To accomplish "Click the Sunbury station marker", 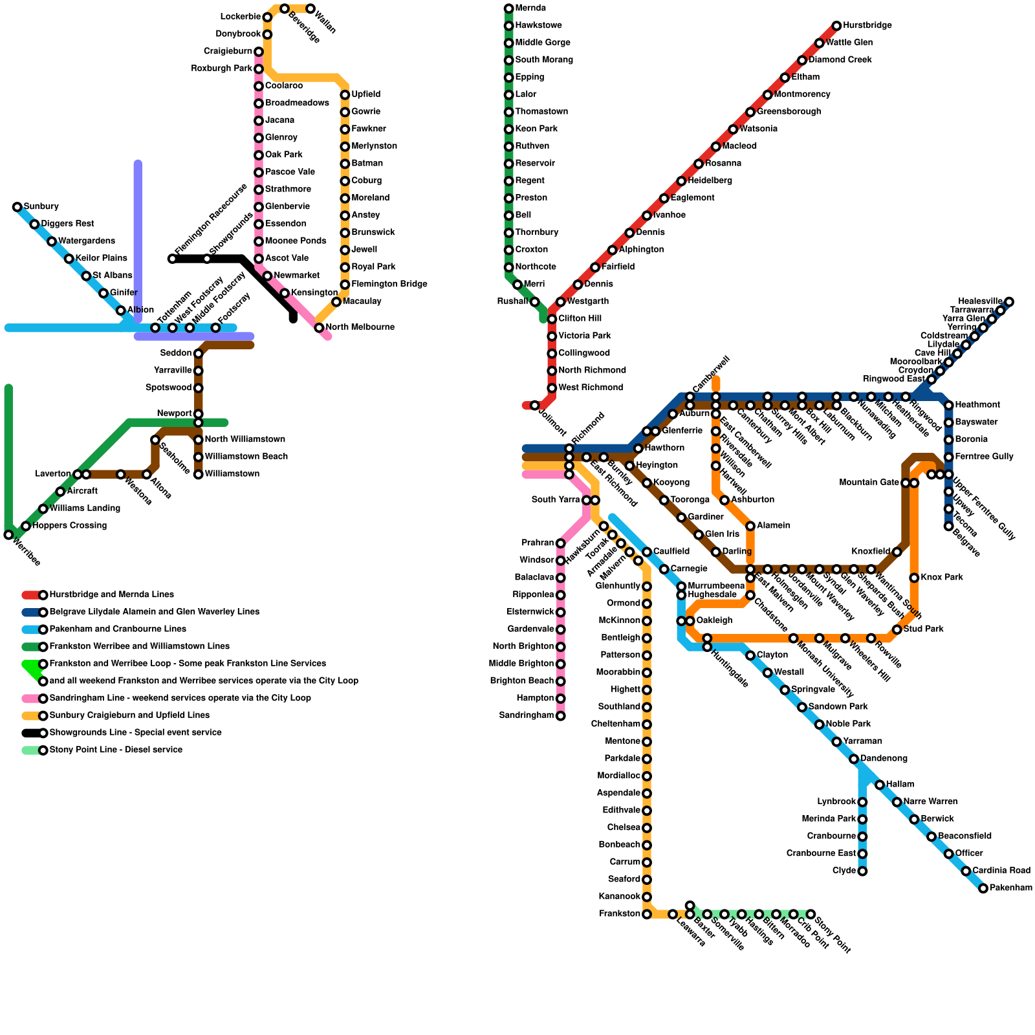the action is (x=17, y=207).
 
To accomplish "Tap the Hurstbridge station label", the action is (x=867, y=26).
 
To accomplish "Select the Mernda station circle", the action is (x=509, y=8).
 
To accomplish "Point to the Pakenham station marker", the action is (x=983, y=889).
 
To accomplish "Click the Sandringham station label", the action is (x=527, y=715).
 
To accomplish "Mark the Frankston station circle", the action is (x=647, y=914).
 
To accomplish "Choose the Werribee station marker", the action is (x=8, y=535).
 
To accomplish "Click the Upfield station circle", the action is (x=345, y=95).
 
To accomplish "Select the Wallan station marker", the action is (x=310, y=8).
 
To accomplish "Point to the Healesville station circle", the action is (x=1009, y=301).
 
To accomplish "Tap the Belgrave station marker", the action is (x=949, y=526).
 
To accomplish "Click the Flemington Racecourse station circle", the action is (x=172, y=259).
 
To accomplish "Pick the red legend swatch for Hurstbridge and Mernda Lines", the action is (x=31, y=595).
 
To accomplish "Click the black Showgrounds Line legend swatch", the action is (x=31, y=733).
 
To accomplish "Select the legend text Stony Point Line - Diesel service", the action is (x=116, y=750).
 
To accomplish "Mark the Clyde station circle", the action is (x=862, y=871).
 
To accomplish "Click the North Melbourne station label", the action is (x=360, y=327).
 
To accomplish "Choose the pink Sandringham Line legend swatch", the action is (x=31, y=699).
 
